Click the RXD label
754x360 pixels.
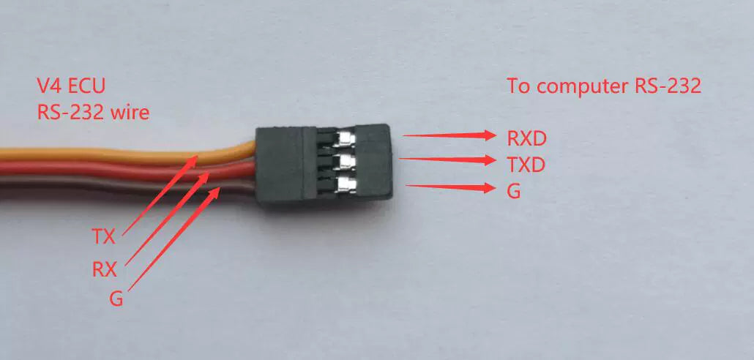coord(526,138)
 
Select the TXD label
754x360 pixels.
coord(526,165)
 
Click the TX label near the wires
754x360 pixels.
coord(104,236)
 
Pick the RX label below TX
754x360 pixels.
coord(104,269)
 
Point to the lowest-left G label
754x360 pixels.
coord(115,300)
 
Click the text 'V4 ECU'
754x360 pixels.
coord(71,86)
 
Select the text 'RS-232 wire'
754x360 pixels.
coord(93,113)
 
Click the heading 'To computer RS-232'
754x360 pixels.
coord(605,86)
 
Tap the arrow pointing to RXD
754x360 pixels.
coord(449,135)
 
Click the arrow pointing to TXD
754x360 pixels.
coord(449,159)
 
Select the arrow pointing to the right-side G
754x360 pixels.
coord(449,187)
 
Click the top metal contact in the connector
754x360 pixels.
coord(346,138)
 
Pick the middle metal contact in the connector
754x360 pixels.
coord(346,160)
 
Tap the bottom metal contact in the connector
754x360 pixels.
coord(346,183)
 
